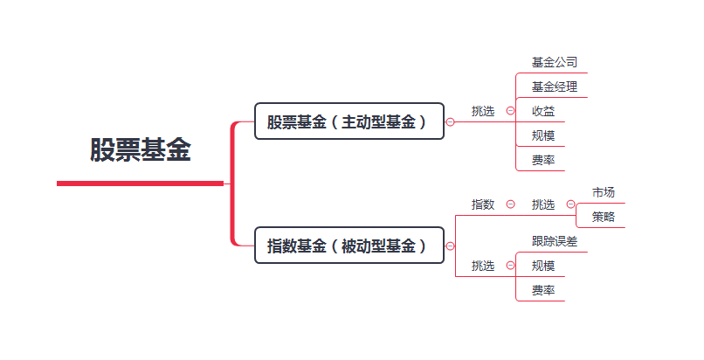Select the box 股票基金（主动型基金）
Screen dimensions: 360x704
tap(349, 121)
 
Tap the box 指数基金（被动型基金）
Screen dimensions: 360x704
tap(349, 246)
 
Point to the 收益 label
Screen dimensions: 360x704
tap(543, 111)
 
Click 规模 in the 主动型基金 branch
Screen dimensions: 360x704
tap(543, 135)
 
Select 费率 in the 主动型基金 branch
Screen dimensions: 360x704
tap(543, 160)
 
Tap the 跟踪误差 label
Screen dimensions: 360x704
tap(555, 241)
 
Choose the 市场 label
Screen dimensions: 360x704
tap(604, 192)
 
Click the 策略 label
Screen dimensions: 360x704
tap(604, 217)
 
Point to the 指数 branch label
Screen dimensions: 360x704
tap(483, 204)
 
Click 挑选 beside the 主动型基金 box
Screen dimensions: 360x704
tap(483, 111)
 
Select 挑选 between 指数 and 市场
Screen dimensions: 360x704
tap(543, 204)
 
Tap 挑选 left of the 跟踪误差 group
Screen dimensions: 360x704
tap(483, 266)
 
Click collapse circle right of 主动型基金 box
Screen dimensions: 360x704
tap(451, 122)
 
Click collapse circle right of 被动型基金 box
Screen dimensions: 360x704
tap(451, 246)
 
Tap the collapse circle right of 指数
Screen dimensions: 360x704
tap(510, 204)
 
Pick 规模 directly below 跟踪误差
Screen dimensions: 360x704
tap(543, 266)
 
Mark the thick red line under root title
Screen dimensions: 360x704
tap(140, 183)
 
